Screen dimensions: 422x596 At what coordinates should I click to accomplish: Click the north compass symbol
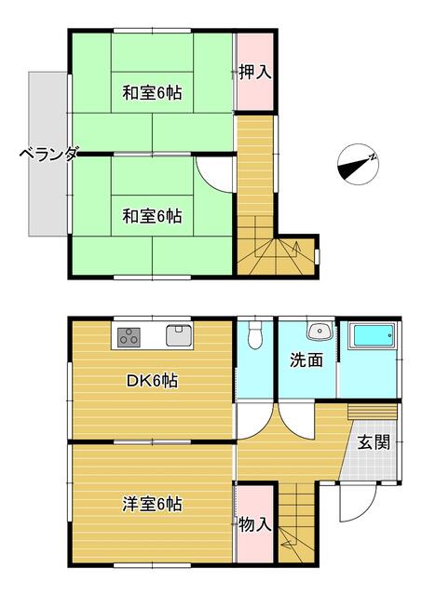pyautogui.click(x=358, y=165)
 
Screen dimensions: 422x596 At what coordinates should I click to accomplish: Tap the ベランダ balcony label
pyautogui.click(x=49, y=155)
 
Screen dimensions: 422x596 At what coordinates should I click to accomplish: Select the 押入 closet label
pyautogui.click(x=255, y=73)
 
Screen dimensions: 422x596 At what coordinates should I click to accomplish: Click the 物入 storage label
pyautogui.click(x=255, y=525)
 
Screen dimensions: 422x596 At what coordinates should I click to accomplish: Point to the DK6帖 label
pyautogui.click(x=152, y=381)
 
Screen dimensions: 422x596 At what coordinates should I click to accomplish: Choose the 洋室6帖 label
pyautogui.click(x=152, y=504)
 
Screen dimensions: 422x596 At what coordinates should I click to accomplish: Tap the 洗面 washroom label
pyautogui.click(x=306, y=360)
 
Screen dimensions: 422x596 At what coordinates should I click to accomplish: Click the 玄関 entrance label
pyautogui.click(x=374, y=442)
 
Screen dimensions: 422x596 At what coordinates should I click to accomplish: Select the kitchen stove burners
pyautogui.click(x=129, y=337)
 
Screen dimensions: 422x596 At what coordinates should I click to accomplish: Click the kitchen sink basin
pyautogui.click(x=179, y=335)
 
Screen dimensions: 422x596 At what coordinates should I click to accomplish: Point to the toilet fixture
pyautogui.click(x=254, y=335)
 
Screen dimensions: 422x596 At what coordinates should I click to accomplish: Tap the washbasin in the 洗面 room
pyautogui.click(x=320, y=332)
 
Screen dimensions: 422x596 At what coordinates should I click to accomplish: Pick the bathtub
pyautogui.click(x=373, y=335)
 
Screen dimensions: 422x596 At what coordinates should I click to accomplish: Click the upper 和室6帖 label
pyautogui.click(x=152, y=93)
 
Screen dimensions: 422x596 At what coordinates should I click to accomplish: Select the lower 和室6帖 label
pyautogui.click(x=152, y=216)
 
